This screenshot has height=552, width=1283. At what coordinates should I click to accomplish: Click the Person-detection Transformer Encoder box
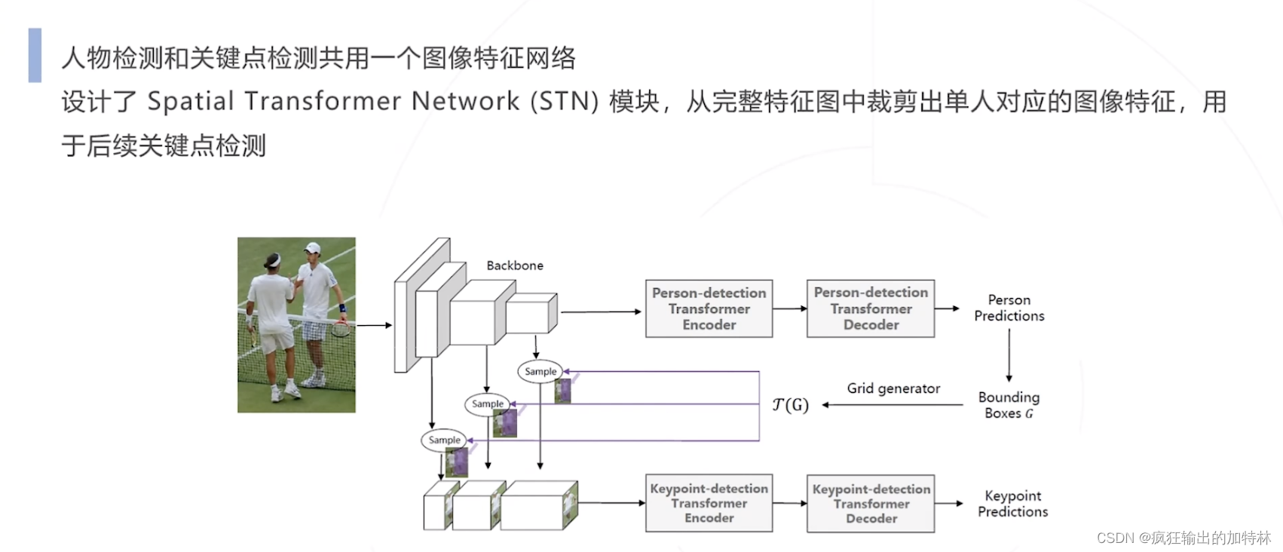point(709,308)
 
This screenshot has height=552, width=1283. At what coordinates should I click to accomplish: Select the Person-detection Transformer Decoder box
point(871,308)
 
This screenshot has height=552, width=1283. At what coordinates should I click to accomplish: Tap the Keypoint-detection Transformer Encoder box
point(709,503)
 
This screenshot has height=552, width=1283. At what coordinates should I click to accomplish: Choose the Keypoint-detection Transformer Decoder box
point(871,504)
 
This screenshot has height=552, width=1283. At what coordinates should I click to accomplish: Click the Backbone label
point(515,265)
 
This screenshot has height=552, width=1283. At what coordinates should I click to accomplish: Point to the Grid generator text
point(893,388)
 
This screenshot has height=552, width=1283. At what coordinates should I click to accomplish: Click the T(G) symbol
point(790,405)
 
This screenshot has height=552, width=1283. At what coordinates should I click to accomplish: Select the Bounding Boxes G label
point(1009,405)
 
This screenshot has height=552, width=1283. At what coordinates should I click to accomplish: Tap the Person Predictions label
point(1009,308)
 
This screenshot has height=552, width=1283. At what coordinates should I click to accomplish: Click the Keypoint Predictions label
point(1012,504)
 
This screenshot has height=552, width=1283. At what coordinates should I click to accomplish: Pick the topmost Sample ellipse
point(540,371)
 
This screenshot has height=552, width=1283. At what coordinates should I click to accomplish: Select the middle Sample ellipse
point(487,403)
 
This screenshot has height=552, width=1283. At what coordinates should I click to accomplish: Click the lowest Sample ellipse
point(444,440)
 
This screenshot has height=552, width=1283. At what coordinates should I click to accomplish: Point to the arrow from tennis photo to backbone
point(374,325)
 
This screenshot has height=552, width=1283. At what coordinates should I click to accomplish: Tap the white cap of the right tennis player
point(312,247)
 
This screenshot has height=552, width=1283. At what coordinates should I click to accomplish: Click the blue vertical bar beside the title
point(35,55)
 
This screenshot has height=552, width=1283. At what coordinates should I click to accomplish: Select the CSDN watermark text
point(1183,538)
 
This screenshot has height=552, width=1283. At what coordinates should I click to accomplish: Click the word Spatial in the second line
point(190,101)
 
